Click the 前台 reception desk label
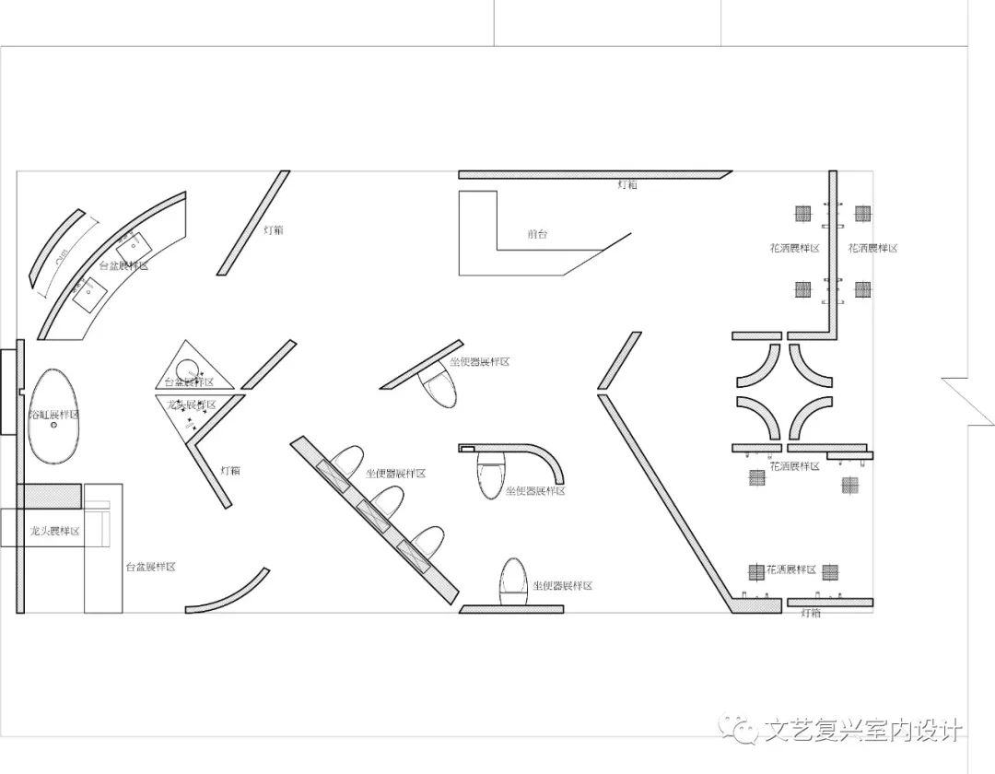(x=537, y=234)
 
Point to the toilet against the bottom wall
(x=513, y=580)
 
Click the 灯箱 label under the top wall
(x=626, y=185)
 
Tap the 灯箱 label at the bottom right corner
(x=811, y=613)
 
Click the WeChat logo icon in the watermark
(x=740, y=730)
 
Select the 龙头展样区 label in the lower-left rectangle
(x=55, y=532)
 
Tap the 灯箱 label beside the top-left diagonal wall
(x=274, y=229)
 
